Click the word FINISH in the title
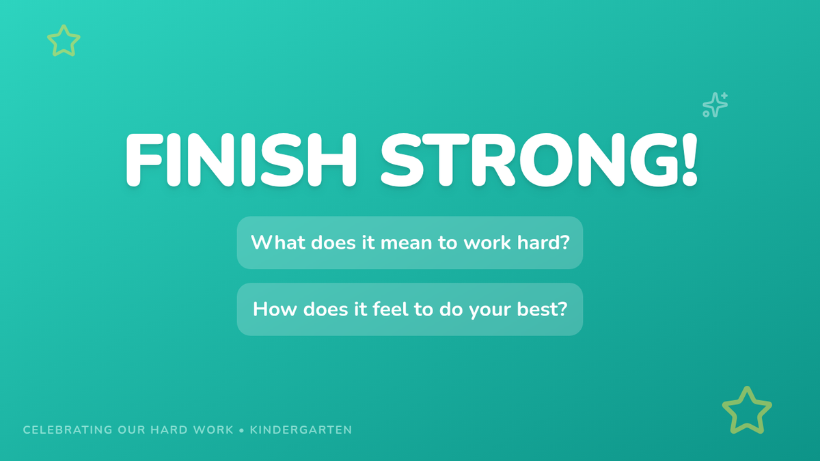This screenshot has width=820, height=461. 241,160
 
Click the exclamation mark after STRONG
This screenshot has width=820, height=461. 689,160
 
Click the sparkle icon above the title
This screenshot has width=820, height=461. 715,105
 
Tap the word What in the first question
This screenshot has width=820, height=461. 278,242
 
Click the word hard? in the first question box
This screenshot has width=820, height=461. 543,242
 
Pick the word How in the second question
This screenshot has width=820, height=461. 275,309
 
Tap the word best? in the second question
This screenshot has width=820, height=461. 542,309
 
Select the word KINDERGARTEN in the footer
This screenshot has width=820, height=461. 301,430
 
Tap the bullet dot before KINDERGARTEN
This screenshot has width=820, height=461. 241,431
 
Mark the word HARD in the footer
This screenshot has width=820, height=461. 169,430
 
